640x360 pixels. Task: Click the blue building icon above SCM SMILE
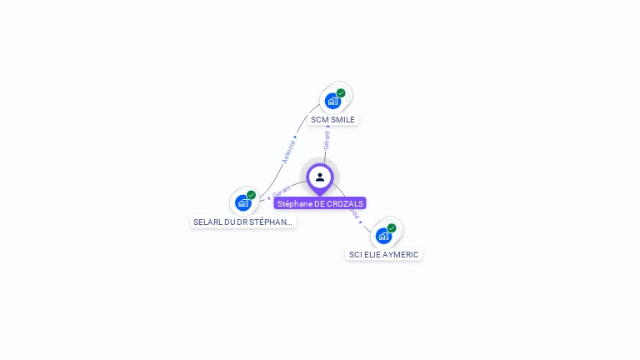[x=332, y=102]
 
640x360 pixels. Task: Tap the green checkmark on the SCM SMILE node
[x=341, y=93]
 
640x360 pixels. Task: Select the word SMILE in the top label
[x=343, y=120]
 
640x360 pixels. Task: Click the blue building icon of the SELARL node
[x=242, y=202]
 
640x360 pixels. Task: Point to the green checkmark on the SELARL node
[x=251, y=195]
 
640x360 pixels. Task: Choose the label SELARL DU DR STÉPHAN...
[x=242, y=222]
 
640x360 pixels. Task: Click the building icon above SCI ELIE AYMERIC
[x=383, y=235]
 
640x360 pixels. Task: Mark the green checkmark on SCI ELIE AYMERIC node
[x=392, y=227]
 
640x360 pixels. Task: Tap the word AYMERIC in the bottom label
[x=397, y=255]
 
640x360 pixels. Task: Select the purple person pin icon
[x=320, y=177]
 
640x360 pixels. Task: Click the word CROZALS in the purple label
[x=346, y=203]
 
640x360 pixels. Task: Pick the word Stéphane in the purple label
[x=295, y=203]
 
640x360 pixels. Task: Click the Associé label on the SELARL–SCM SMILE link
[x=289, y=151]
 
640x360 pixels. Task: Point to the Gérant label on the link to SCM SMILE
[x=327, y=140]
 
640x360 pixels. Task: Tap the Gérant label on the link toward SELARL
[x=282, y=191]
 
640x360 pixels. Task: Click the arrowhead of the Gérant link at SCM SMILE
[x=327, y=127]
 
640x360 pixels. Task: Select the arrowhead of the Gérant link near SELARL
[x=268, y=197]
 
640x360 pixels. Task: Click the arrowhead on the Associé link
[x=295, y=137]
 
